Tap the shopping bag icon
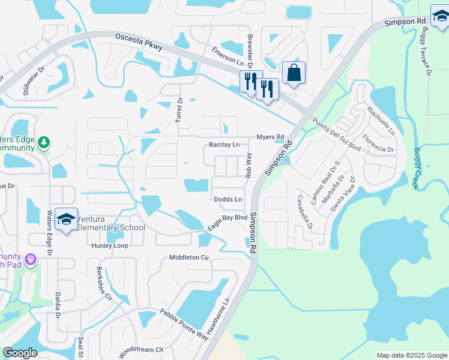pos(294,73)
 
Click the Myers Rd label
pos(270,137)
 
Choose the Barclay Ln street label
pos(224,145)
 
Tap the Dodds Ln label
pos(228,199)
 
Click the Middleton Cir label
pos(188,257)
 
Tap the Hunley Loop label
pos(110,246)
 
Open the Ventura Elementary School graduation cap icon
pos(66,219)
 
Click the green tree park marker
pos(43,143)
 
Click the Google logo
pos(20,353)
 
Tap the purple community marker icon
pos(31,259)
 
